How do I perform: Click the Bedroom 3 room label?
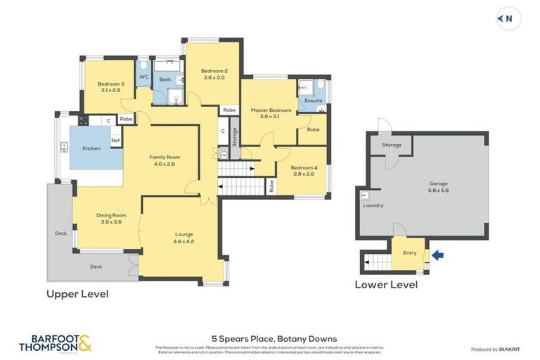pos(111,84)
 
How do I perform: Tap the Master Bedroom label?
pos(271,110)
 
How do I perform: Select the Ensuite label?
pos(314,101)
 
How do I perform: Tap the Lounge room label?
pos(184,234)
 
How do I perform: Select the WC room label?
pos(143,77)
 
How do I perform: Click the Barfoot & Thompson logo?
pos(55,342)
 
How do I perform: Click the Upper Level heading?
pos(77,294)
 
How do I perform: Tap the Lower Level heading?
pos(385,285)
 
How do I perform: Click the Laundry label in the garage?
pos(373,205)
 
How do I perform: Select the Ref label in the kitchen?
pos(115,141)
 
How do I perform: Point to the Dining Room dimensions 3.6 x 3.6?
pos(111,222)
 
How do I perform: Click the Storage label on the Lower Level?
pos(392,145)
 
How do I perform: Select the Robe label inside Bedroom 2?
pos(229,110)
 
